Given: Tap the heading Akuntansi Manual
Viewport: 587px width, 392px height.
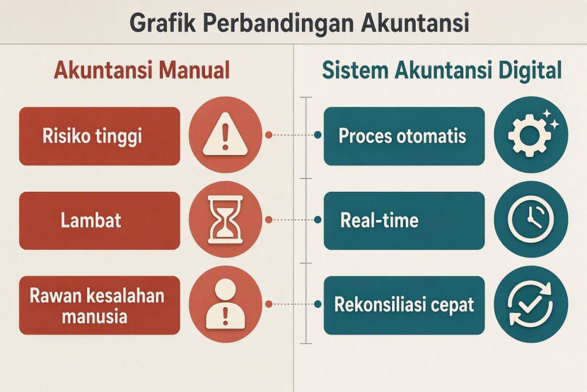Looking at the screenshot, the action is (142, 70).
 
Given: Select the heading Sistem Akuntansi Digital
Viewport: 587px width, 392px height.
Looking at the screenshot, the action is (442, 70).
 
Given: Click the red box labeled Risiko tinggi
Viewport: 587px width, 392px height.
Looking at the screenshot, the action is (100, 137).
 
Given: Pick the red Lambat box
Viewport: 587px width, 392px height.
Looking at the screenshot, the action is (100, 221).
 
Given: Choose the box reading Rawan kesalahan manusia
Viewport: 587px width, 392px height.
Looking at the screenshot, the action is (100, 306).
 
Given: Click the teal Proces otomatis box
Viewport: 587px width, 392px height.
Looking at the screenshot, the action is (405, 137).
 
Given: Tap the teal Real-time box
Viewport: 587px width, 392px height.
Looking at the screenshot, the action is (405, 221).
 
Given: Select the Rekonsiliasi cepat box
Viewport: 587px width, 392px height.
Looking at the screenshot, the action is (405, 306).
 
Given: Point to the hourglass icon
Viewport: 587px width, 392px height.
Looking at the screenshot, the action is (226, 219).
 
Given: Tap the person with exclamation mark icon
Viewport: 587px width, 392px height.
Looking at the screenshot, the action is (226, 304).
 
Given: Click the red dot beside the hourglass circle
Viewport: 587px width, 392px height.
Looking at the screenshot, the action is (269, 220).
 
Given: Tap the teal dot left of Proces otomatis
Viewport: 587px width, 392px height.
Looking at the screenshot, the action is (318, 135).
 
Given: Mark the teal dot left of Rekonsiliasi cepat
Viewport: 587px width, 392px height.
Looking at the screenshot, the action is (318, 304).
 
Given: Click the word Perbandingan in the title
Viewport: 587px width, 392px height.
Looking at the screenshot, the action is (279, 23).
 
